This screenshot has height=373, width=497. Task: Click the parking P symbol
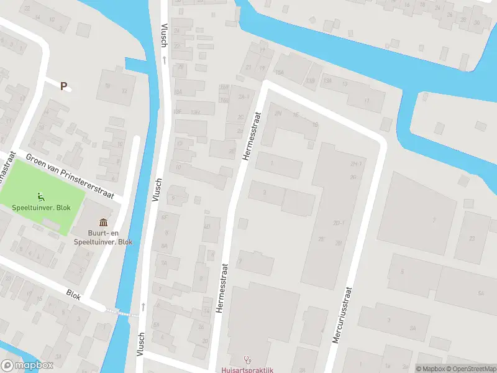[x=63, y=86]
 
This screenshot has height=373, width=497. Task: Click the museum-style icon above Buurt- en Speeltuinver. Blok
[x=103, y=223]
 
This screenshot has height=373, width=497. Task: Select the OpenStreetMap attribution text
[x=470, y=369]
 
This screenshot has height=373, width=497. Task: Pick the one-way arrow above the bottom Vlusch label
[x=143, y=306]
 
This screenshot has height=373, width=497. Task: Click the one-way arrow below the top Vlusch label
[x=165, y=60]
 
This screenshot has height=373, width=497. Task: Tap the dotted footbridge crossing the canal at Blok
[x=121, y=312]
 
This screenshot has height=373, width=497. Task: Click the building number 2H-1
[x=355, y=164]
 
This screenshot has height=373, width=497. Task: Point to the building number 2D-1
[x=339, y=223]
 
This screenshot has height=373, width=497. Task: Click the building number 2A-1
[x=244, y=97]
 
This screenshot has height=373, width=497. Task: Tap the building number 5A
[x=480, y=293]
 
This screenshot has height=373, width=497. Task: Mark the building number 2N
[x=278, y=114]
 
